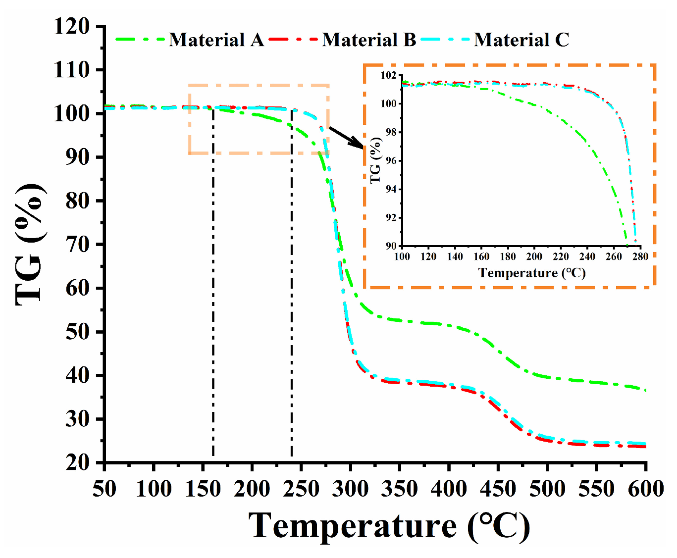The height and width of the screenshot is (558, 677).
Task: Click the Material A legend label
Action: [216, 40]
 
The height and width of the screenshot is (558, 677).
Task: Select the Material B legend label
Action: [369, 40]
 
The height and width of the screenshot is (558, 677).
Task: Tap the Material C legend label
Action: [521, 40]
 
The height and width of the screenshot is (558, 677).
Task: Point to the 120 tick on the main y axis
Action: [72, 26]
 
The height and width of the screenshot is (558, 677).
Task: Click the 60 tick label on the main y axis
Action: [78, 288]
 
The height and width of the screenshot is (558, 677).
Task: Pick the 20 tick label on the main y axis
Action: [78, 462]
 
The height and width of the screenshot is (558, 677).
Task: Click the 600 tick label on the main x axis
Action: [645, 489]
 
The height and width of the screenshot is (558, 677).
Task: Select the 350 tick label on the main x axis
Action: [399, 489]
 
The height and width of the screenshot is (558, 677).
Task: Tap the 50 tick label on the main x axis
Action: [104, 489]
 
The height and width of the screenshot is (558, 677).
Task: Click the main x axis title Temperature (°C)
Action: [389, 526]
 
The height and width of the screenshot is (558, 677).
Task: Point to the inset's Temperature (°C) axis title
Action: [532, 273]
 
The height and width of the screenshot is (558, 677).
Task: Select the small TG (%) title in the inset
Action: [376, 160]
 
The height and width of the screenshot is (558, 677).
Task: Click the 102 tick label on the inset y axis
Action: [389, 75]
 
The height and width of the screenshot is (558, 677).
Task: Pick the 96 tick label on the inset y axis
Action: [391, 161]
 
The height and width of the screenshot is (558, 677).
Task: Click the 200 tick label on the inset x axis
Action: [534, 256]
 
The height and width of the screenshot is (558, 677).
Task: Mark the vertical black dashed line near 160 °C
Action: [213, 297]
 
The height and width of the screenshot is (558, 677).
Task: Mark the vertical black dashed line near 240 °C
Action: [292, 297]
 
